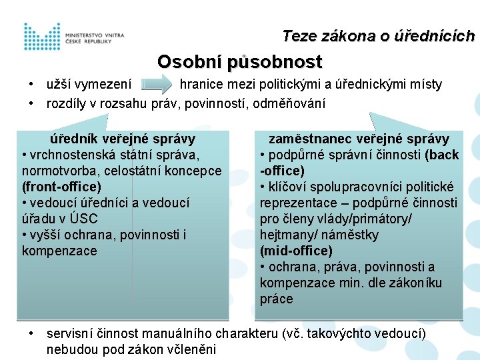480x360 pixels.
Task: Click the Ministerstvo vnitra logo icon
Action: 42,37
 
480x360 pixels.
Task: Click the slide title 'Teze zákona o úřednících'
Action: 378,36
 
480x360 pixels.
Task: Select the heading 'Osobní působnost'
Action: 239,62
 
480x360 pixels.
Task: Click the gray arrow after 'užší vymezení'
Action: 158,85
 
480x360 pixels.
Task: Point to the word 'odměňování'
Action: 294,103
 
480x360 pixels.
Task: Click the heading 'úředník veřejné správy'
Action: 123,139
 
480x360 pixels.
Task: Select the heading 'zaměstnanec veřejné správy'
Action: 359,139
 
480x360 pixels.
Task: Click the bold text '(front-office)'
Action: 61,187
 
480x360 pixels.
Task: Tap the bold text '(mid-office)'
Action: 296,251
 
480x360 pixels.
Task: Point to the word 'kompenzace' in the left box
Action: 59,251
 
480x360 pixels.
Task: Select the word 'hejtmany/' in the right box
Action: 284,235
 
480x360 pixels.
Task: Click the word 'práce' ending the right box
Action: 276,299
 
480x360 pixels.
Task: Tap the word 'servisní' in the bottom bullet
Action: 69,333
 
